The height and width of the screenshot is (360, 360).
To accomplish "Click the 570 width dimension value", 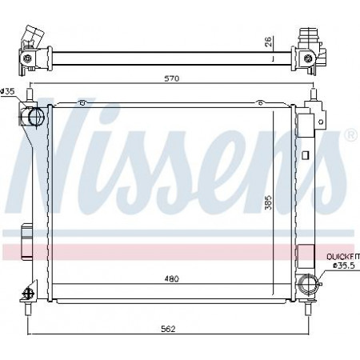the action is [172, 78].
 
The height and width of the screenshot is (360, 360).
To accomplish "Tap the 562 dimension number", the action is [168, 329].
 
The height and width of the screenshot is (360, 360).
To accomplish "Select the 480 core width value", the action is [171, 279].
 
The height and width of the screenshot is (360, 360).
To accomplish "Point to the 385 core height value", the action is [269, 202].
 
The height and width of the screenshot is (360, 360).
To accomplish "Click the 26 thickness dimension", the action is [269, 42].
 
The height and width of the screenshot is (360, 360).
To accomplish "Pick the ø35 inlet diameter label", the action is [7, 91].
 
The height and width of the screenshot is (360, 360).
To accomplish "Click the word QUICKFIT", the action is [343, 257].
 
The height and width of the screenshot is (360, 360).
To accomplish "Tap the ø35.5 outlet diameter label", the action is [344, 266].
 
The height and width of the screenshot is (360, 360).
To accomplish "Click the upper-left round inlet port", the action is [35, 116].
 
